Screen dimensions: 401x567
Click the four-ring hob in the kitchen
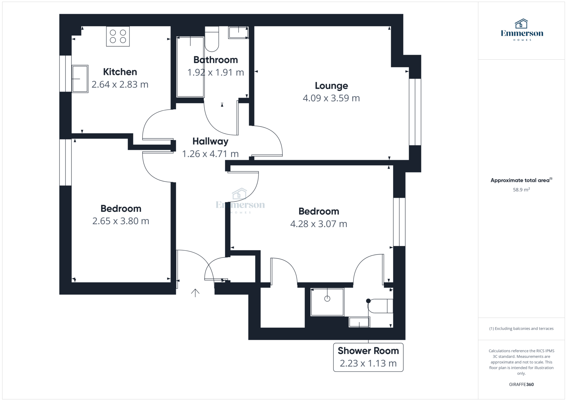click(118, 36)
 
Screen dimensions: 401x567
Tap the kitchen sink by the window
click(80, 79)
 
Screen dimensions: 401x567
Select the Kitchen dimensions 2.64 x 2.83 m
click(120, 84)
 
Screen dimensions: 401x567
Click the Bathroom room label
click(215, 60)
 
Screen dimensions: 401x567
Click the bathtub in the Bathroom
click(190, 67)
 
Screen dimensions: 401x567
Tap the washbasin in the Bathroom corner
click(238, 33)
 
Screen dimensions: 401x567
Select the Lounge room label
click(331, 86)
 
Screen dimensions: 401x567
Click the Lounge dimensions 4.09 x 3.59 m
click(331, 98)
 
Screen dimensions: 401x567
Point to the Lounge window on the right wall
click(415, 112)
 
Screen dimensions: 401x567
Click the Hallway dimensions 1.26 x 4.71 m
click(210, 154)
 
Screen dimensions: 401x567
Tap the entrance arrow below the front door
click(195, 293)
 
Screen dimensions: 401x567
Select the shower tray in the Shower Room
click(327, 302)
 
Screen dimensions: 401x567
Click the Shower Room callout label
click(368, 351)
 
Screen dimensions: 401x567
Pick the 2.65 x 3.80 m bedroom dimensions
click(121, 221)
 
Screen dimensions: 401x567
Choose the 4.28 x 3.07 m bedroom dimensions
click(318, 224)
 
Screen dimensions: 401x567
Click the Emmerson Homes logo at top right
click(522, 30)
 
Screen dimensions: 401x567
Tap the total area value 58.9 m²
click(521, 190)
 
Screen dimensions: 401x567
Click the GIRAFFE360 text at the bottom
click(521, 384)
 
